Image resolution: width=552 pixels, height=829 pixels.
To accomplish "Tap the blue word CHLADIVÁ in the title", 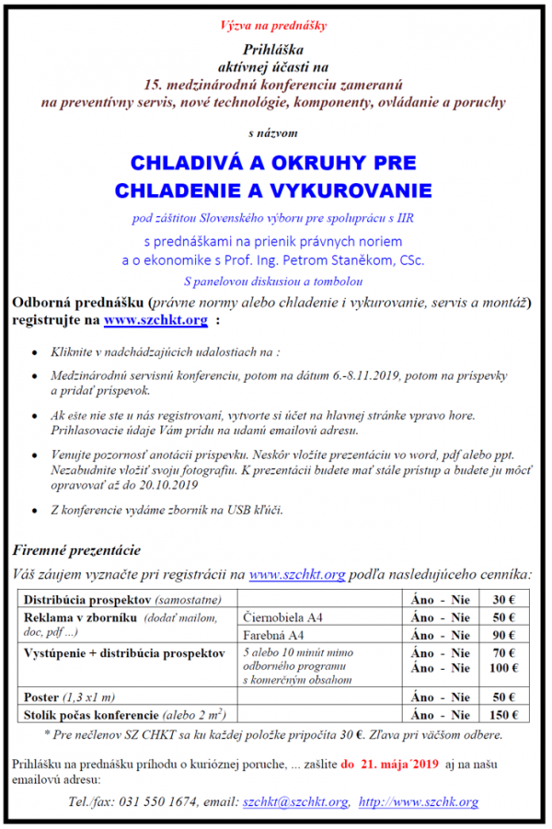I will coord(181,164).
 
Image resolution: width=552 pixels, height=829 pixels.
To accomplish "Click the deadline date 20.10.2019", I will coord(167,485).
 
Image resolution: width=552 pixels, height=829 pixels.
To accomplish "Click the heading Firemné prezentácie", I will coord(76,550).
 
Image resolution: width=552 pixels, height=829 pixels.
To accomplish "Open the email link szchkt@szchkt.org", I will coord(295,801).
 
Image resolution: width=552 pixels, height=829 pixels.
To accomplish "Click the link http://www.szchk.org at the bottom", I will coord(419,801).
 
